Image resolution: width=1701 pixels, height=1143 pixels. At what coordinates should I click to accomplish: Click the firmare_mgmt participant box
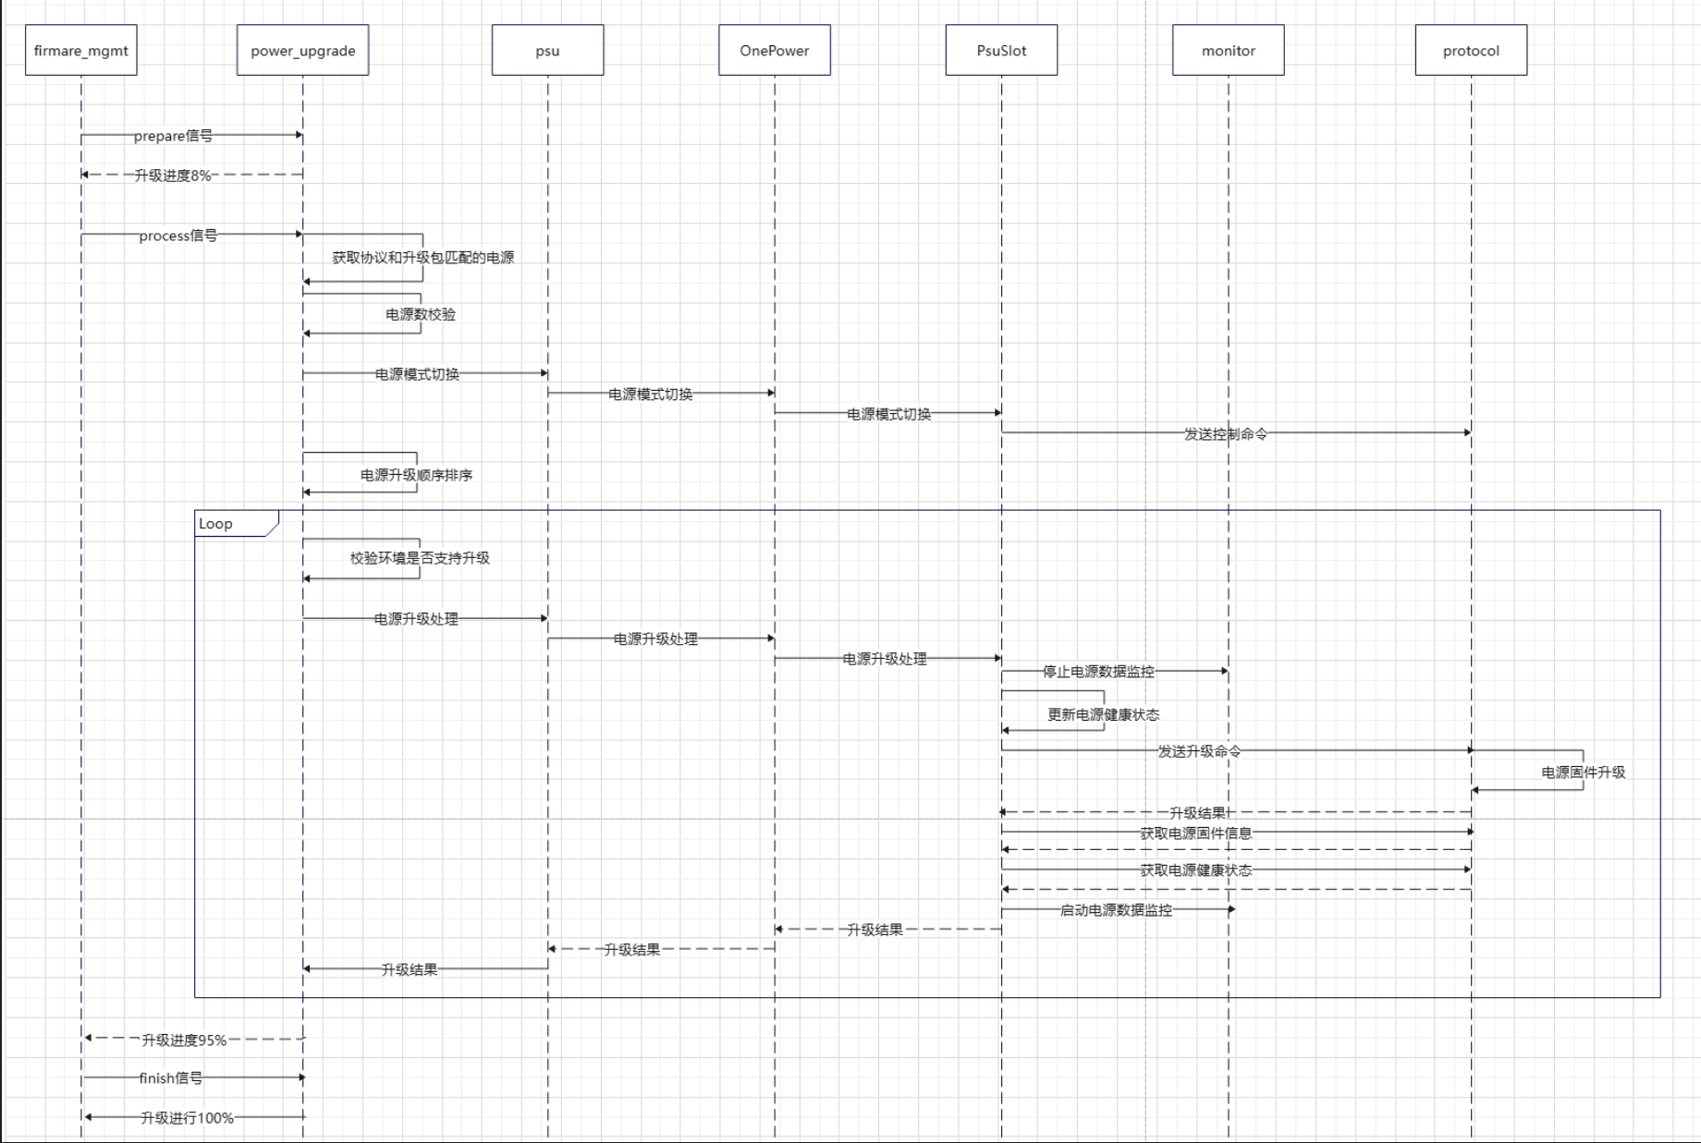click(x=81, y=51)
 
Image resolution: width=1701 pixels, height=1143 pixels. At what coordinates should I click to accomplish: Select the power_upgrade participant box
click(x=303, y=51)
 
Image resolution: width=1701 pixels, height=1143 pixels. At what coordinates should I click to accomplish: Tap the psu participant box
click(x=547, y=51)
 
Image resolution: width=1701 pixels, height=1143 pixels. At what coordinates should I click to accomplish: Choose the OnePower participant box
click(x=775, y=51)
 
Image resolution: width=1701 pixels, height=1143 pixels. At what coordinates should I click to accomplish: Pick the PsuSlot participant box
click(x=1001, y=51)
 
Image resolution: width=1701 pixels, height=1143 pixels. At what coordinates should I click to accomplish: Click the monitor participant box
click(x=1229, y=51)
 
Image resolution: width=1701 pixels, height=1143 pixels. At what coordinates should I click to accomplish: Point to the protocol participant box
click(x=1471, y=51)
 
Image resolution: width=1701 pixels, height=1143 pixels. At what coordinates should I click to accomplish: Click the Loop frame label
click(x=216, y=524)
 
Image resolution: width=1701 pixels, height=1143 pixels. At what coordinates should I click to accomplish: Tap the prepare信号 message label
click(x=173, y=136)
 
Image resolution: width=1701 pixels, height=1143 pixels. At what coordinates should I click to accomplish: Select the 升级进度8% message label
click(x=173, y=176)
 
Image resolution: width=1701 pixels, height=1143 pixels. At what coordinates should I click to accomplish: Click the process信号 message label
click(x=178, y=236)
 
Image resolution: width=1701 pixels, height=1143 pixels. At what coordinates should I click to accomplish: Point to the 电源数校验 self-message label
click(x=421, y=314)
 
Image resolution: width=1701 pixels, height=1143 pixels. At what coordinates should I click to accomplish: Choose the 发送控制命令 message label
click(x=1226, y=433)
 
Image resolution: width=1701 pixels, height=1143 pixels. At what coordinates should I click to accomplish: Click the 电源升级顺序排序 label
click(x=416, y=475)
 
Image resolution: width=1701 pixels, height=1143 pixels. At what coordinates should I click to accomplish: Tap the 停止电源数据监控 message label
click(x=1098, y=672)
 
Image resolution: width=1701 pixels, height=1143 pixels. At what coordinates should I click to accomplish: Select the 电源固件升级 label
click(x=1583, y=772)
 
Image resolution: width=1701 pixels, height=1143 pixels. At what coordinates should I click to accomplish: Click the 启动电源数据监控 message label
click(x=1116, y=910)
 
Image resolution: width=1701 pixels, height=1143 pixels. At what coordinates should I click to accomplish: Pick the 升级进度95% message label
click(x=184, y=1040)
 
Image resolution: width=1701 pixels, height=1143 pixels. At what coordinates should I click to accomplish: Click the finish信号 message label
click(x=171, y=1078)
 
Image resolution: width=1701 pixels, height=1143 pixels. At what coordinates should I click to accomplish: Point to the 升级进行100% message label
click(x=187, y=1118)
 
